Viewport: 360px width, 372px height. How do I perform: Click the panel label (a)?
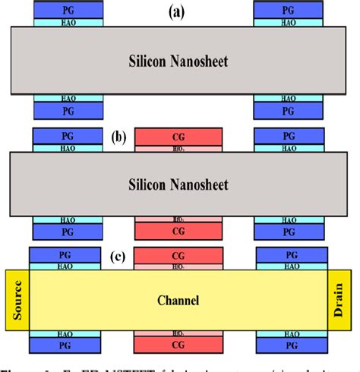click(x=178, y=12)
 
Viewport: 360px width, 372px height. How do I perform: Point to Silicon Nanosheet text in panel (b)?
click(x=178, y=184)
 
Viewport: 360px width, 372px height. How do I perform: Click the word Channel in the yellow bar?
click(x=179, y=301)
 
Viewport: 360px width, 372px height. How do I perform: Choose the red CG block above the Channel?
click(x=178, y=256)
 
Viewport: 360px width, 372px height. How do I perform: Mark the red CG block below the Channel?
click(x=178, y=347)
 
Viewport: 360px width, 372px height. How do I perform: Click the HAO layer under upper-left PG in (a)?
click(x=68, y=23)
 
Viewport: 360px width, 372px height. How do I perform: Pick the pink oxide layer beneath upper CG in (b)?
click(x=178, y=148)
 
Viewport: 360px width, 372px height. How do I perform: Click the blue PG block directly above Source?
click(x=65, y=255)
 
